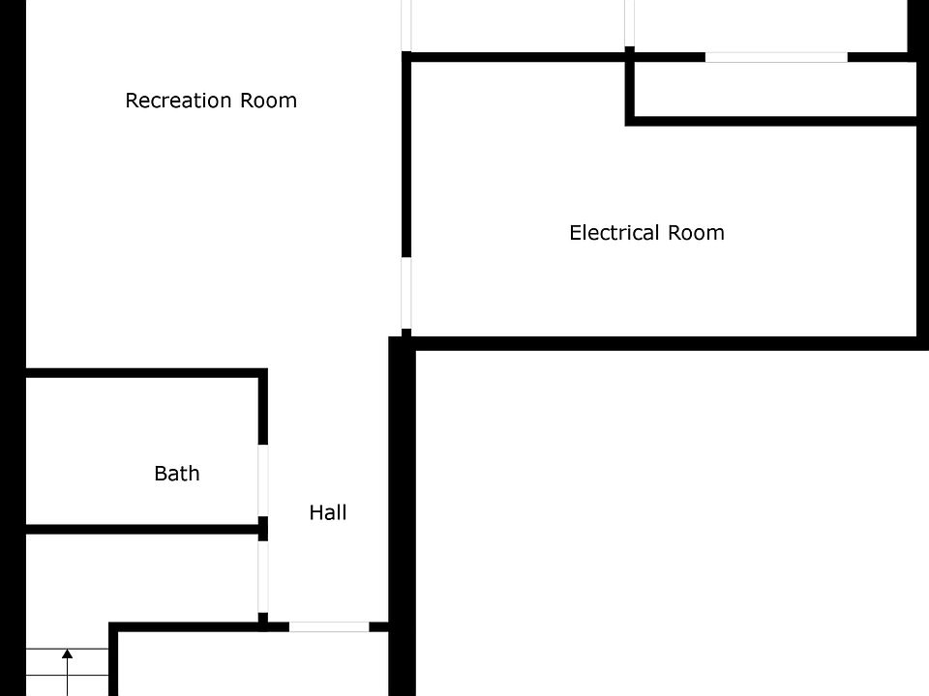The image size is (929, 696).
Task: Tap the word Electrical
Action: tap(614, 233)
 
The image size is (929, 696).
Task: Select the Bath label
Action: tap(177, 474)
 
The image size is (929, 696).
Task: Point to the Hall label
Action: tap(328, 512)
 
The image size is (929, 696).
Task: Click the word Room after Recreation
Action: tap(268, 101)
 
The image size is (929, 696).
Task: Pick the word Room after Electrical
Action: tap(696, 233)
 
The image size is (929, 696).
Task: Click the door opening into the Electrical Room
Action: tap(406, 293)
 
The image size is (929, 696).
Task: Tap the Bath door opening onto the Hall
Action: tap(263, 480)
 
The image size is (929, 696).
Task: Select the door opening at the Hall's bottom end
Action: tap(329, 626)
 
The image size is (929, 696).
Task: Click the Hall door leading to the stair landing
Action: tap(263, 577)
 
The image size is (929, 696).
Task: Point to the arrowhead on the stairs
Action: tap(68, 654)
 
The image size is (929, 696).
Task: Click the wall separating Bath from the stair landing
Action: tap(142, 529)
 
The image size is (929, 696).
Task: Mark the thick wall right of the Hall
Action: tap(402, 516)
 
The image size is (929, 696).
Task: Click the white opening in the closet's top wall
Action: tap(776, 57)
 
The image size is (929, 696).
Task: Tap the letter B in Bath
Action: tap(161, 474)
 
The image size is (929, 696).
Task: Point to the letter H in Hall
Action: tap(316, 512)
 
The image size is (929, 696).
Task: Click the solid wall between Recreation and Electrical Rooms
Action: tap(406, 154)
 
